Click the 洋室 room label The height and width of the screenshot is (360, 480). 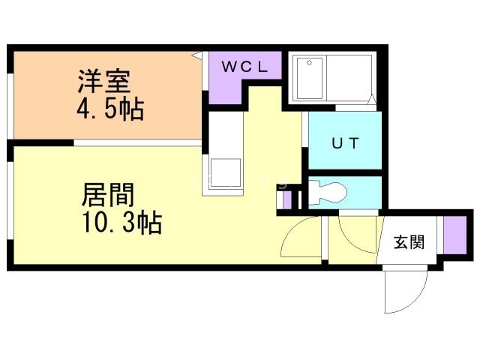104,82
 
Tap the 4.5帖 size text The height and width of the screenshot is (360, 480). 110,109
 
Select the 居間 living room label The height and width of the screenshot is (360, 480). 108,194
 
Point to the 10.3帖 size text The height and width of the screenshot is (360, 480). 122,223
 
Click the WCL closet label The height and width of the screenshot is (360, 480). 244,67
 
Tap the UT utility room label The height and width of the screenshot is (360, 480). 345,143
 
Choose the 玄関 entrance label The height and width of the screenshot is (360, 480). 409,241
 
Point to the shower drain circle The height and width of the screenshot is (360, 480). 310,63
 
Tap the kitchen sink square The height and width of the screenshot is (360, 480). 225,172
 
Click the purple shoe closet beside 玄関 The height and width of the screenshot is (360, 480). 455,235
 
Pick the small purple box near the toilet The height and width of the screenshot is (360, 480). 287,200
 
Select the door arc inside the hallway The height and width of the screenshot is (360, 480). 352,241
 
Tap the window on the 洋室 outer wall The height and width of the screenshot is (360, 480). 10,106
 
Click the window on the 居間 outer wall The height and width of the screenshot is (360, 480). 10,200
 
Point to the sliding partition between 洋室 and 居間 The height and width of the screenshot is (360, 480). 137,143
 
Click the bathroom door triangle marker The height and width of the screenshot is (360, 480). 371,99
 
